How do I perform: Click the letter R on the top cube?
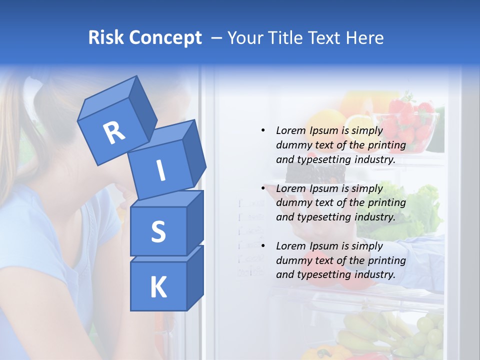tap(114, 132)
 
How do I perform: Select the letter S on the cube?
tap(158, 231)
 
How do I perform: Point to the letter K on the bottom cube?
tap(158, 287)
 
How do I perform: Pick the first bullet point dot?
tap(263, 130)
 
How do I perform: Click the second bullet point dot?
tap(263, 188)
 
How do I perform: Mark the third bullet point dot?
tap(263, 246)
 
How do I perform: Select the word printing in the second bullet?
tap(386, 202)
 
